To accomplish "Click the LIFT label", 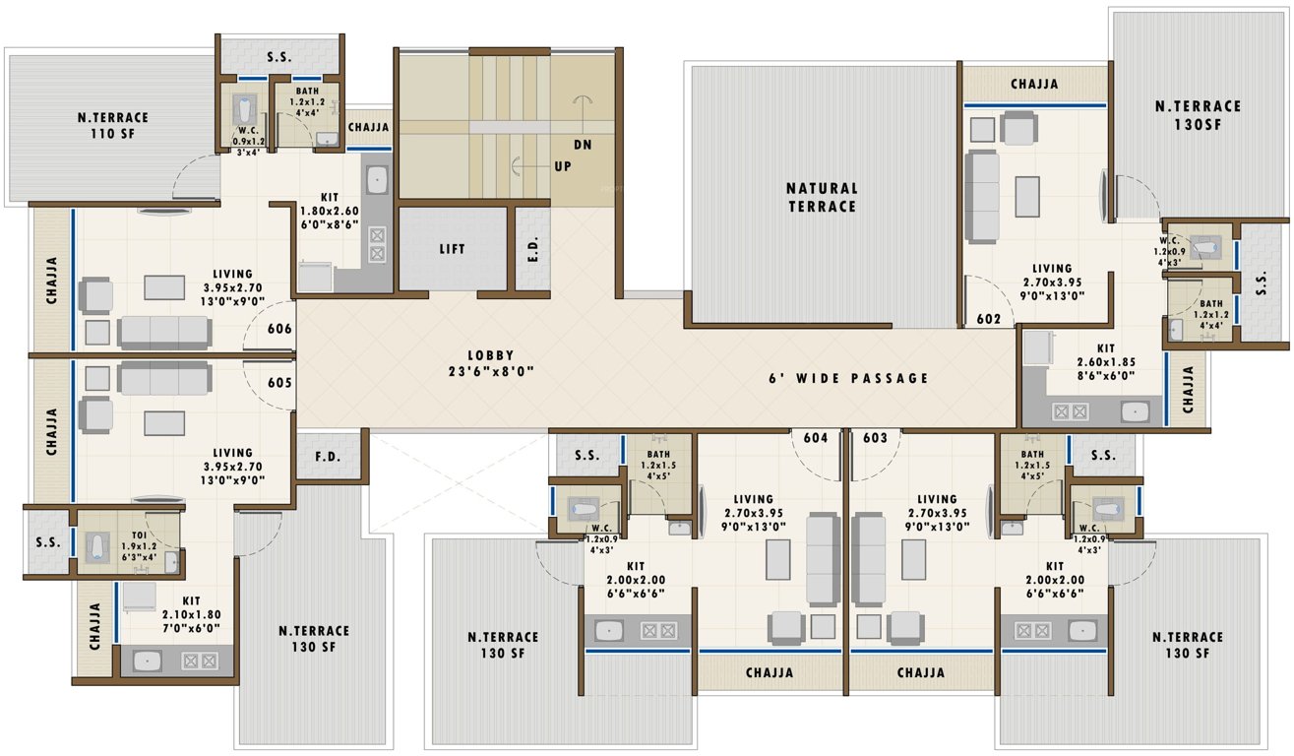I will pyautogui.click(x=452, y=249).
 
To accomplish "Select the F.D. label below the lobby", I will pyautogui.click(x=328, y=457).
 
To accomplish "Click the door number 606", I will pyautogui.click(x=280, y=329).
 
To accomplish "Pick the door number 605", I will pyautogui.click(x=280, y=382).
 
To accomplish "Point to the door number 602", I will pyautogui.click(x=989, y=319).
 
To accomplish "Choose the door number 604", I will pyautogui.click(x=816, y=437).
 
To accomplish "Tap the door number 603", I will pyautogui.click(x=876, y=437).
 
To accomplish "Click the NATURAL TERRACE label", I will pyautogui.click(x=822, y=197).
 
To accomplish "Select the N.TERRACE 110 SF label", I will pyautogui.click(x=113, y=126).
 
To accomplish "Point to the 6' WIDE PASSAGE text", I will pyautogui.click(x=848, y=377).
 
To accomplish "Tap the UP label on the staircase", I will pyautogui.click(x=563, y=166).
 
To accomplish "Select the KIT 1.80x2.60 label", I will pyautogui.click(x=330, y=210).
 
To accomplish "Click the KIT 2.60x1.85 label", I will pyautogui.click(x=1106, y=361).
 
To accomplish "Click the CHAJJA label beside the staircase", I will pyautogui.click(x=368, y=127).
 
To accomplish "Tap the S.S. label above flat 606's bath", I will pyautogui.click(x=278, y=58).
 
